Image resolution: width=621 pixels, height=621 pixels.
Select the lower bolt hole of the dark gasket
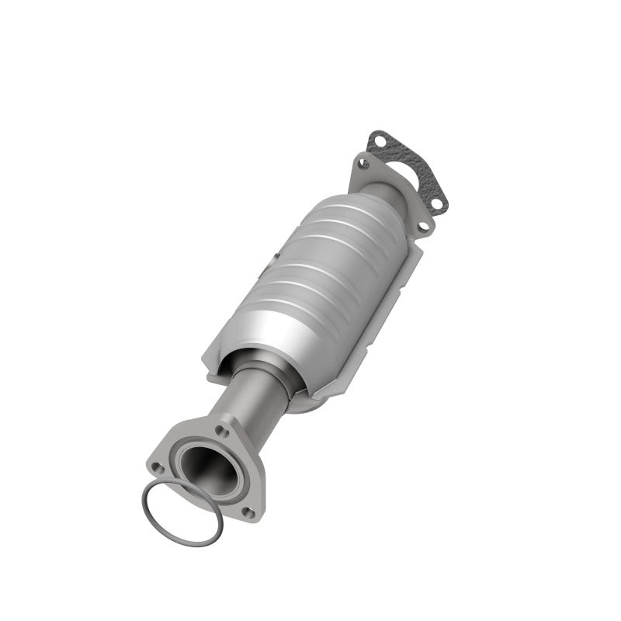(x=439, y=204)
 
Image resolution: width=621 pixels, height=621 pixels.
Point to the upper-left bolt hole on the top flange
(x=362, y=163)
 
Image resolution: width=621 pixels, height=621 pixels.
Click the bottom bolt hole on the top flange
(x=425, y=227)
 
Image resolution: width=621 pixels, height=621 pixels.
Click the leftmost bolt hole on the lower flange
(x=157, y=468)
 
